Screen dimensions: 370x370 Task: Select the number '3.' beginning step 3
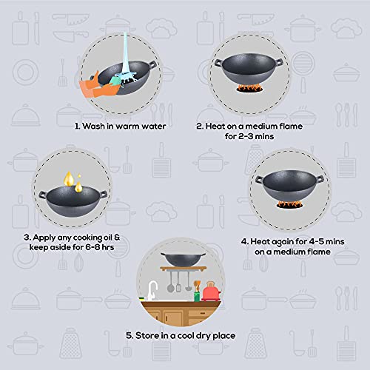click(x=28, y=237)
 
